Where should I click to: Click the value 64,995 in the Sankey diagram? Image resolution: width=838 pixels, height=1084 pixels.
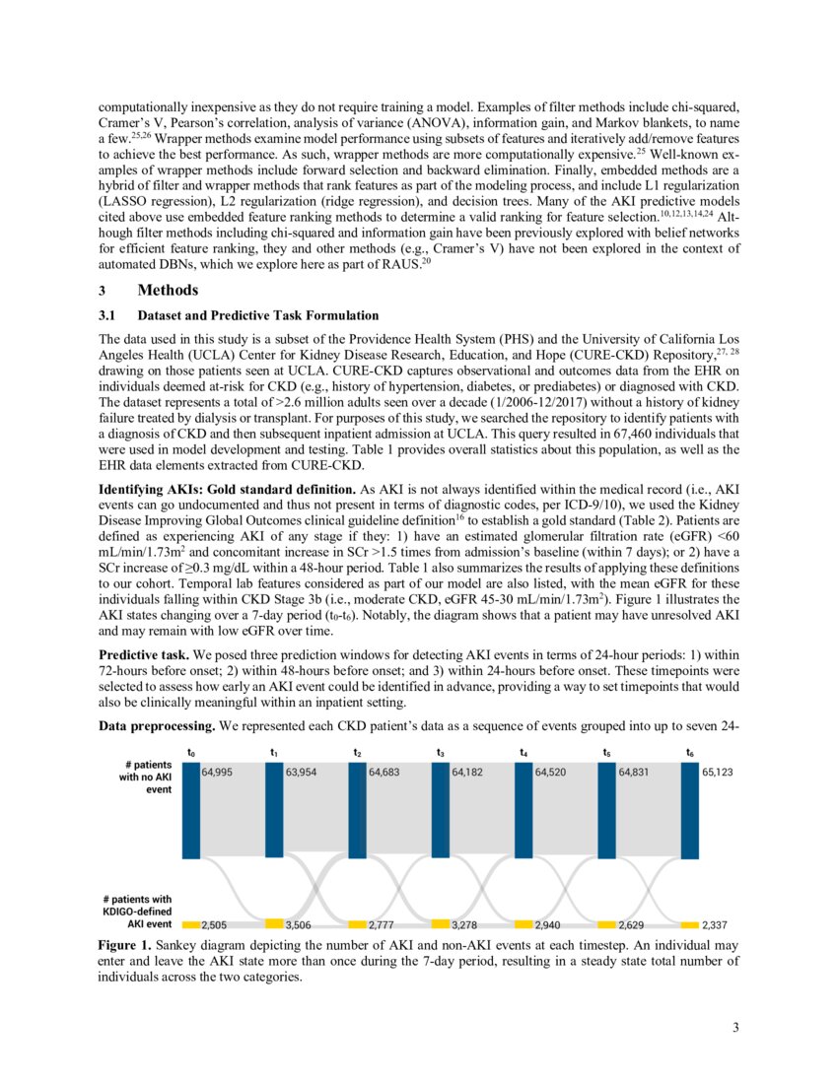[x=218, y=774]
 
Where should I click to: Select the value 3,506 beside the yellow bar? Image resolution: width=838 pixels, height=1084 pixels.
[x=301, y=926]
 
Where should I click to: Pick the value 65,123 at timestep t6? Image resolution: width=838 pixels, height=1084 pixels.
[x=719, y=774]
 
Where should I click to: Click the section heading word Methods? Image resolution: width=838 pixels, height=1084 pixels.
[x=169, y=291]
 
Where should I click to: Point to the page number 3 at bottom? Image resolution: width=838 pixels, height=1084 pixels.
[x=735, y=1029]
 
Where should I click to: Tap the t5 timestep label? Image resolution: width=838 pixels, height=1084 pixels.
[x=607, y=752]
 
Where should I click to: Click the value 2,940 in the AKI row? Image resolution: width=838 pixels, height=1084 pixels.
[x=550, y=926]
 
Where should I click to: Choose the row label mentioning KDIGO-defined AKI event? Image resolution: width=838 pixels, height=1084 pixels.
[x=138, y=912]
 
